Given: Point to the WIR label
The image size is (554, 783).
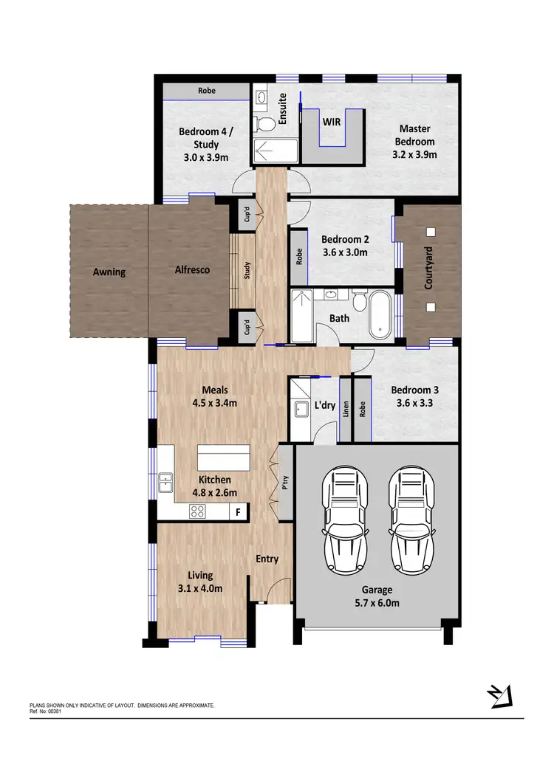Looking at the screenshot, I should (x=331, y=121).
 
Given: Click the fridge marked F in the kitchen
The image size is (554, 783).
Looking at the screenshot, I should (x=238, y=511).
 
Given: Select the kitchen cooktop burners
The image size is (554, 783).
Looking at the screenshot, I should (x=198, y=510).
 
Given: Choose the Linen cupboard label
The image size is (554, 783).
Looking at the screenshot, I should (x=345, y=410).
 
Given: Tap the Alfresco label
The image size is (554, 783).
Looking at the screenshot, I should (x=192, y=270).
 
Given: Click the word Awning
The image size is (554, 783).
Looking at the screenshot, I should (x=109, y=272).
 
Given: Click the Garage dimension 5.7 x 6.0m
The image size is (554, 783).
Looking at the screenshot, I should (x=377, y=603).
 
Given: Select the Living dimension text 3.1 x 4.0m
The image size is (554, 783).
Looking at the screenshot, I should (x=199, y=588).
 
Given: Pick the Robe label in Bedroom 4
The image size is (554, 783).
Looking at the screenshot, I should (x=206, y=91).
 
